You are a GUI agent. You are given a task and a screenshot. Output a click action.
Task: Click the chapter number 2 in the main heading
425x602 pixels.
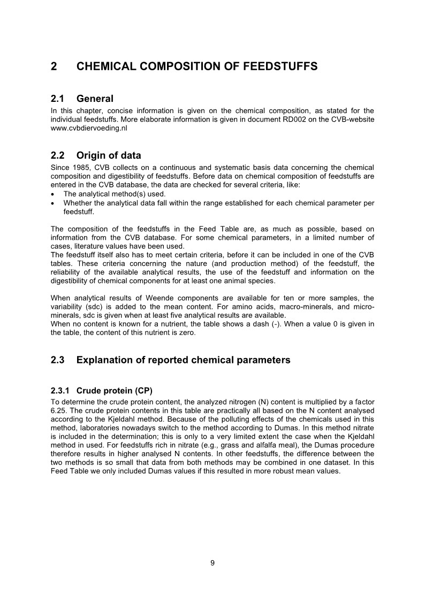[54, 66]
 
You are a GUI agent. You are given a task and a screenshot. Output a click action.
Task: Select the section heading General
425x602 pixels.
[95, 99]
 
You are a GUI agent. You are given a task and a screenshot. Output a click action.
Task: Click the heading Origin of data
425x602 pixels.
[109, 155]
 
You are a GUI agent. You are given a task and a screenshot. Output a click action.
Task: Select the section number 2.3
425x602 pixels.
[57, 360]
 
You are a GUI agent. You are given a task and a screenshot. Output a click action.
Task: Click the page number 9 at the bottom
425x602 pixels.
[212, 562]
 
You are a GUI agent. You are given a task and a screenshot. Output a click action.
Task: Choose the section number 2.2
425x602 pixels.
[57, 155]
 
